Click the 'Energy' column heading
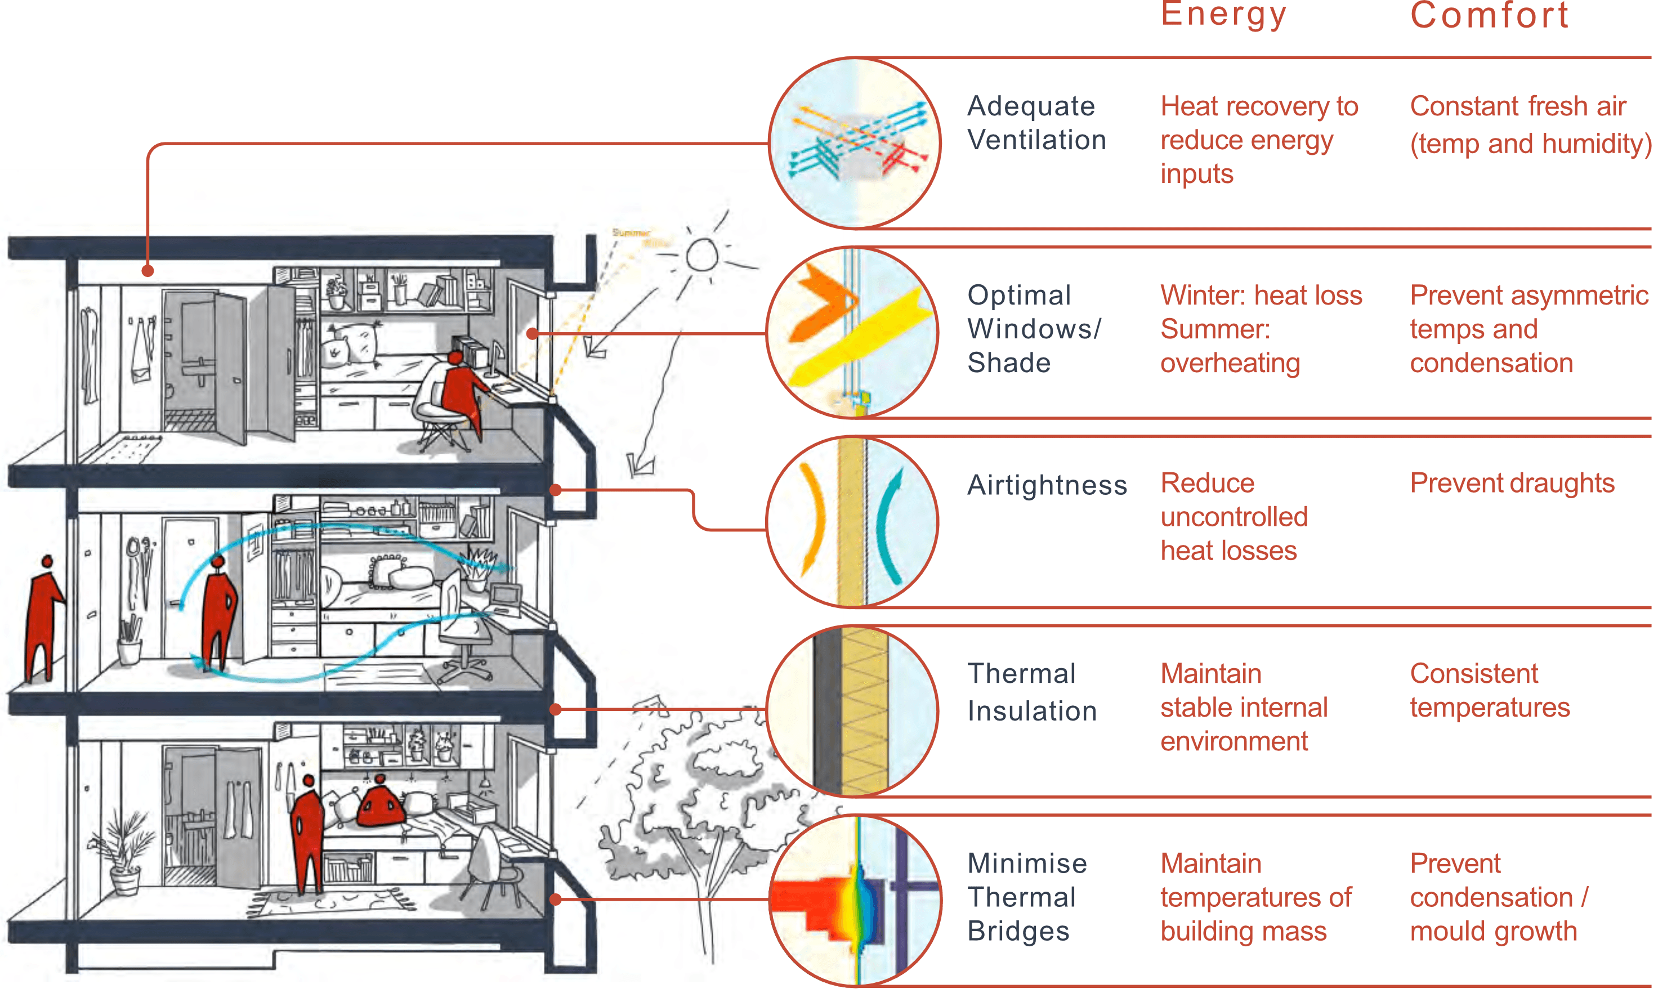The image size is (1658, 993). click(x=1223, y=15)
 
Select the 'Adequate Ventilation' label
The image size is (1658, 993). click(x=1036, y=123)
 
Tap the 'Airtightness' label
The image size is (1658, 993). click(x=1047, y=485)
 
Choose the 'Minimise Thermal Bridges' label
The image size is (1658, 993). click(x=1026, y=897)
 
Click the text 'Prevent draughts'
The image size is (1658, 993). click(x=1512, y=483)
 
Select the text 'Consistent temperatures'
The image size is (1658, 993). click(x=1490, y=691)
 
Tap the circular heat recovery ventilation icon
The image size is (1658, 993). click(x=855, y=142)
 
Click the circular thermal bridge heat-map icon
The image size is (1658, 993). click(x=855, y=900)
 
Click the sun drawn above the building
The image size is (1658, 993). click(x=702, y=255)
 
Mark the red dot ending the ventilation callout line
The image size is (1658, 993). click(x=148, y=271)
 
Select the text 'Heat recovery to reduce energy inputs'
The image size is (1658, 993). click(x=1258, y=140)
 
